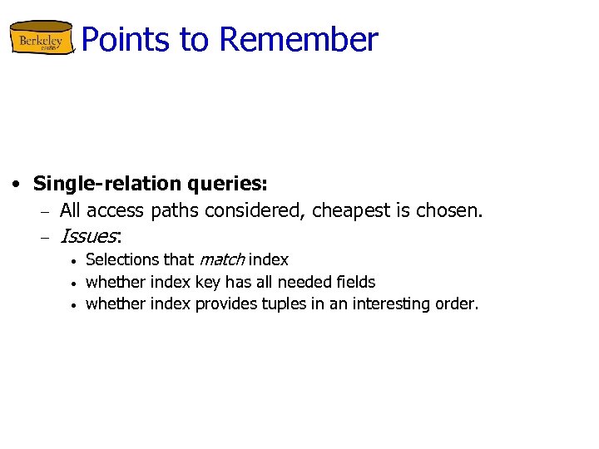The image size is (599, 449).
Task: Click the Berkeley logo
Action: [41, 38]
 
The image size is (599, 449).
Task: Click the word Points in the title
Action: [119, 39]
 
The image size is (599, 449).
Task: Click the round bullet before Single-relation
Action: [16, 184]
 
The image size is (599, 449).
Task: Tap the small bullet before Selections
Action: [73, 261]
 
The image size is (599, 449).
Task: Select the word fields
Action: [355, 282]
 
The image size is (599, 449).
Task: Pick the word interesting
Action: [390, 303]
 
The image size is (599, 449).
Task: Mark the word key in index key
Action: [207, 283]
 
